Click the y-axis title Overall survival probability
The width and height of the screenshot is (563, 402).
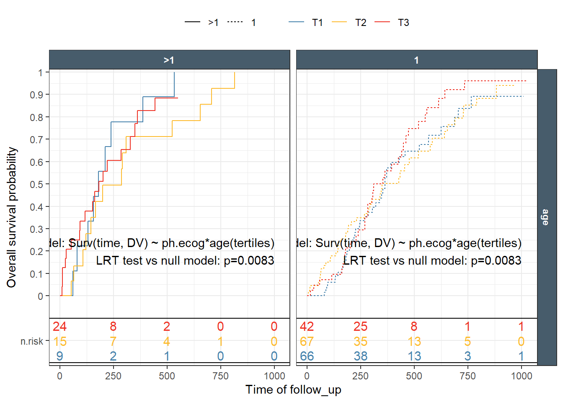point(12,217)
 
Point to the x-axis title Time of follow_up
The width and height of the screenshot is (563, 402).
point(293,390)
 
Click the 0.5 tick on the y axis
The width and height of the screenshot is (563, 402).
point(37,184)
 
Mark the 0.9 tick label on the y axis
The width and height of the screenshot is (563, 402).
point(37,95)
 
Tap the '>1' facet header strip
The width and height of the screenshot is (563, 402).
point(169,60)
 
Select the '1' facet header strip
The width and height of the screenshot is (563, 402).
point(416,60)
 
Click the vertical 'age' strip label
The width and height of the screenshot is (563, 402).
point(545,217)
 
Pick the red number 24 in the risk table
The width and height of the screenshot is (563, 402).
point(59,327)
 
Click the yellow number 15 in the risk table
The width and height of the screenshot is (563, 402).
point(59,342)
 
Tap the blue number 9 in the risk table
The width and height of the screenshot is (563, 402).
point(59,356)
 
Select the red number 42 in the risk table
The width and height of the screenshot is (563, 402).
point(307,327)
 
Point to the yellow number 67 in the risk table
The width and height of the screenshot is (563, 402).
point(307,342)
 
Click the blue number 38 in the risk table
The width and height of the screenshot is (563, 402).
point(360,356)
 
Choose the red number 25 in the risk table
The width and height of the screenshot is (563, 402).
point(360,327)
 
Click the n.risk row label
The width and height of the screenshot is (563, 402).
point(32,342)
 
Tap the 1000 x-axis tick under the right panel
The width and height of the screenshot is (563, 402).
point(522,376)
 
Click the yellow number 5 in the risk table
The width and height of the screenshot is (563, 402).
point(467,342)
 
